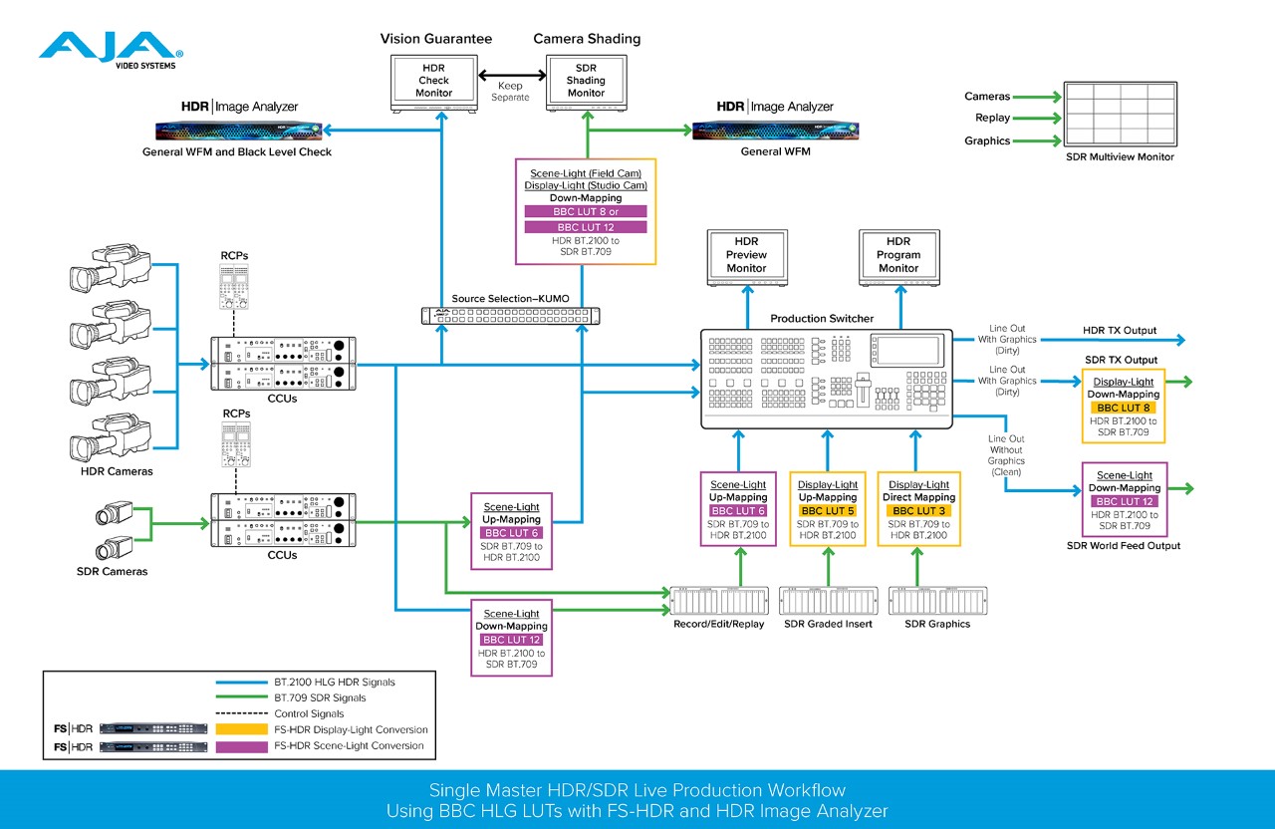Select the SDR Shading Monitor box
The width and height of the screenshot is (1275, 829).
tap(586, 80)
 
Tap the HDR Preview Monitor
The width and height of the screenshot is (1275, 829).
tap(746, 255)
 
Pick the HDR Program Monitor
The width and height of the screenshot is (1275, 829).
tap(897, 255)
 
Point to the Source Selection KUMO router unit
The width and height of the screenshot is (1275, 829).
tap(509, 316)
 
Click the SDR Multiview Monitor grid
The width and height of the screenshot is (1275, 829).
tap(1120, 113)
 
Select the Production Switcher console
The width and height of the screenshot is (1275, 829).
tap(827, 378)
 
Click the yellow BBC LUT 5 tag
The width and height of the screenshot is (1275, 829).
tap(828, 511)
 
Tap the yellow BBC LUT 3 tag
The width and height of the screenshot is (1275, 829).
tap(919, 511)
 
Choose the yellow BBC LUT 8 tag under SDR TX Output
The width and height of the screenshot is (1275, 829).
tap(1123, 408)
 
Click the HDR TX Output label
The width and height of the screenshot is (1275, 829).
tap(1120, 331)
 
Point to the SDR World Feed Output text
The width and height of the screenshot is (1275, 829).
tap(1123, 545)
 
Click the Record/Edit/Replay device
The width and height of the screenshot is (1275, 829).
tap(719, 602)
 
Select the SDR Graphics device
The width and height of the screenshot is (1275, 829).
tap(936, 602)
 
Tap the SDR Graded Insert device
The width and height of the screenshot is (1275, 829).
tap(828, 602)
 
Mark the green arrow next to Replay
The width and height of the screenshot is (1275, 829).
tap(1037, 119)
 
